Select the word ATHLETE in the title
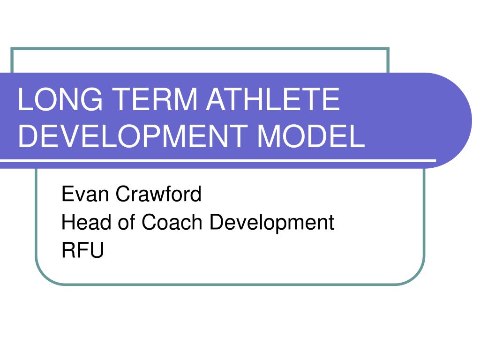point(269,100)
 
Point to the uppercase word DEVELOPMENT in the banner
point(132,137)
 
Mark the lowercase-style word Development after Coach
point(272,222)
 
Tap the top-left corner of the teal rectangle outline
point(12,49)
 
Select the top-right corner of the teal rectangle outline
point(388,49)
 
